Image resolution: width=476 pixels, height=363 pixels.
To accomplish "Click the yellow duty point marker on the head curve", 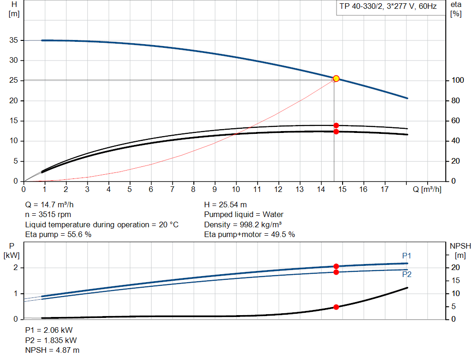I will tap(336, 79).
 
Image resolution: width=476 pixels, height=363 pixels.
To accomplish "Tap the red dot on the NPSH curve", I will tap(336, 307).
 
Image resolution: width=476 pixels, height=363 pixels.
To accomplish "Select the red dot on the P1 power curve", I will tap(336, 266).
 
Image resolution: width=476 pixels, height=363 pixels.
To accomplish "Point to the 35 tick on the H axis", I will tap(13, 40).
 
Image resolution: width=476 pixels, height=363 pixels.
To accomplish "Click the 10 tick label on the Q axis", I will tap(236, 189).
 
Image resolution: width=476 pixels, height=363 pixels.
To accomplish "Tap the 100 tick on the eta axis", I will tap(456, 80).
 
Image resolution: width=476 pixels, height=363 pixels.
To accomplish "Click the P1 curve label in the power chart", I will tap(407, 256).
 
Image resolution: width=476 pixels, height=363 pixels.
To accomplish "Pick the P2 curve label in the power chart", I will tap(407, 274).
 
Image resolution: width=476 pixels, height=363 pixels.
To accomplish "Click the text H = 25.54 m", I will tap(225, 205).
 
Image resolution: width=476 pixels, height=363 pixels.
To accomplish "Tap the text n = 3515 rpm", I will tap(48, 214).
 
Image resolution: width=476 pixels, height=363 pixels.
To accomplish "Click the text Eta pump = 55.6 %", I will tap(58, 234).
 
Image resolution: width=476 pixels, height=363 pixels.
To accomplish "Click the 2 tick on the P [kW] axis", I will tap(15, 268).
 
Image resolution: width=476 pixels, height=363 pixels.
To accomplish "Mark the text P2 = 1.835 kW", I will tap(51, 340).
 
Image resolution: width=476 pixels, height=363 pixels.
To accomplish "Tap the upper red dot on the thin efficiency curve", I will tap(336, 125).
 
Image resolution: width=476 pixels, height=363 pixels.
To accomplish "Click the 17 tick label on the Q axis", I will tap(384, 189).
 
